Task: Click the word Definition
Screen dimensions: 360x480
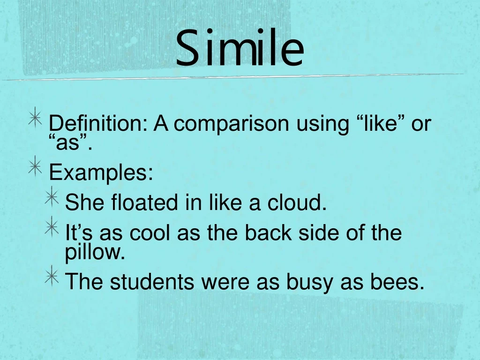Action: point(98,124)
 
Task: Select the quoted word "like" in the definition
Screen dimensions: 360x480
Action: point(378,124)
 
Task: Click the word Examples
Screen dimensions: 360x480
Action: point(101,173)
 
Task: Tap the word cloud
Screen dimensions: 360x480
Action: point(296,202)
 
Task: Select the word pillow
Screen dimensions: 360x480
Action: point(95,253)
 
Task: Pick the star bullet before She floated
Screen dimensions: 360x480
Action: point(52,197)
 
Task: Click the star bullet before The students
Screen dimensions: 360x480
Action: point(52,277)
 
